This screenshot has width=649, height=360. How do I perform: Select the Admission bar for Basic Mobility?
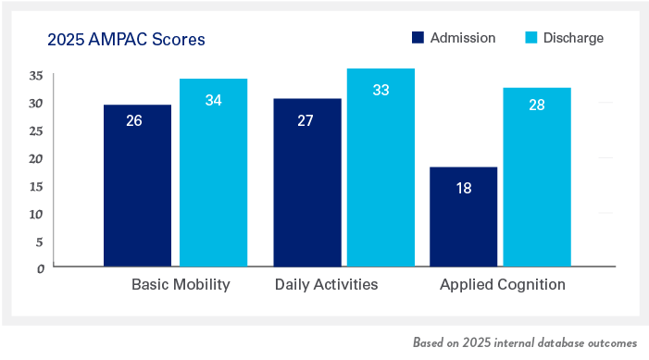[137, 185]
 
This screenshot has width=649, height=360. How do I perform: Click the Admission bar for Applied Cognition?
[464, 217]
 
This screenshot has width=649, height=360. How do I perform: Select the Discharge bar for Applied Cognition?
[537, 177]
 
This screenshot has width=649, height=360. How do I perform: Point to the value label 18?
[464, 188]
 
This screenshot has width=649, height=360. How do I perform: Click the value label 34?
[213, 100]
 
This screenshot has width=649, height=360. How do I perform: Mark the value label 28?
[537, 105]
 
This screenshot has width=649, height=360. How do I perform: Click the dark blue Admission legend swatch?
[418, 38]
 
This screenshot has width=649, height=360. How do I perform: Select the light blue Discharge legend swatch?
[531, 38]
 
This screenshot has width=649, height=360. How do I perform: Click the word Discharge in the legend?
[573, 38]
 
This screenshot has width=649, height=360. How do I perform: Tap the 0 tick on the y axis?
[41, 268]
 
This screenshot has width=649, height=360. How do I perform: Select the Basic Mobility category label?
[181, 284]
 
